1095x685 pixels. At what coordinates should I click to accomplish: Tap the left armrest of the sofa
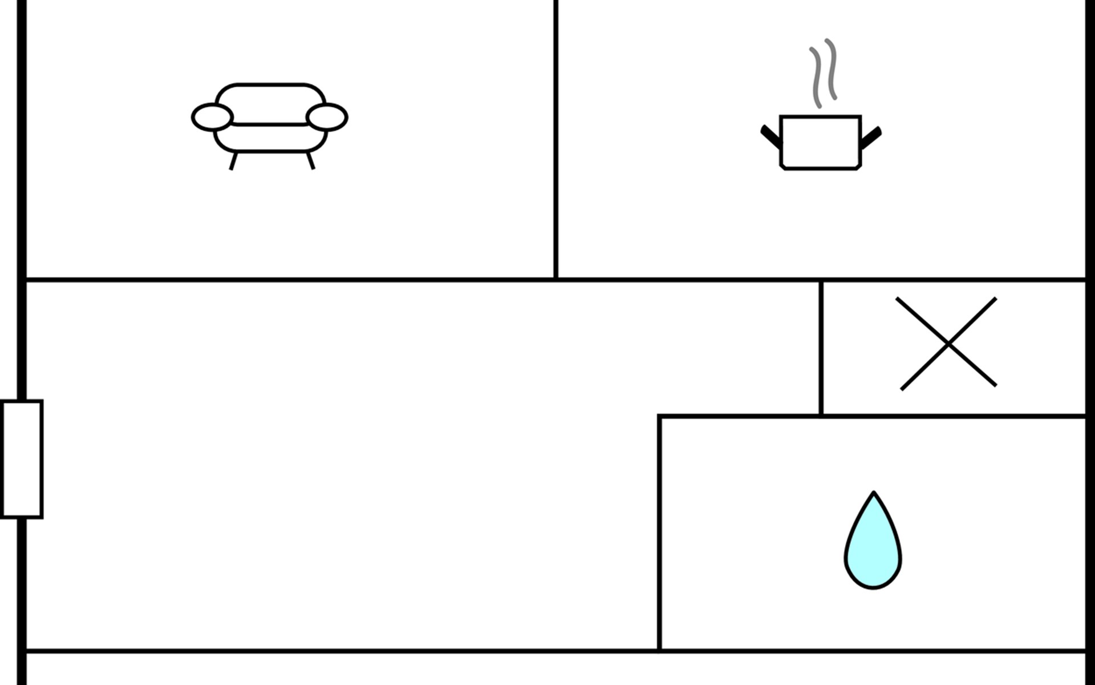click(212, 117)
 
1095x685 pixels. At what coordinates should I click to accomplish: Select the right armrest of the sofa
click(327, 117)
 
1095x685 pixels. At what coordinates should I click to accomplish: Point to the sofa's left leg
click(233, 161)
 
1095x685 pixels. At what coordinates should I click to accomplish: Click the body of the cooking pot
click(820, 143)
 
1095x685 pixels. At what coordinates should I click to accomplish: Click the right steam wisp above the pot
click(832, 69)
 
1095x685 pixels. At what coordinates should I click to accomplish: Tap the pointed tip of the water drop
click(873, 494)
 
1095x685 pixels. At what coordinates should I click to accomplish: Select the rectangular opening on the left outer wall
click(22, 459)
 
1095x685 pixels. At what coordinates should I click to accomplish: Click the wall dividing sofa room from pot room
click(555, 140)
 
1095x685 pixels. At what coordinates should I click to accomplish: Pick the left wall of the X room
click(821, 348)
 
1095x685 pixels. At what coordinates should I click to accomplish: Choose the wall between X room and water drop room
click(952, 416)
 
